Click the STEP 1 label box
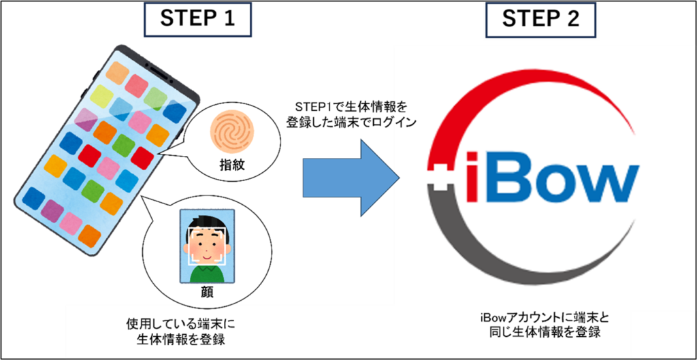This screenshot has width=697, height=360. (197, 19)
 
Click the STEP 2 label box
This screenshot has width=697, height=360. (540, 19)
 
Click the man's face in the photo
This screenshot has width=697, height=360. (208, 244)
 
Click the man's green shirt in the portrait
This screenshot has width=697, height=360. (207, 274)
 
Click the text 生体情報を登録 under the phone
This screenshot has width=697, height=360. (180, 340)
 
